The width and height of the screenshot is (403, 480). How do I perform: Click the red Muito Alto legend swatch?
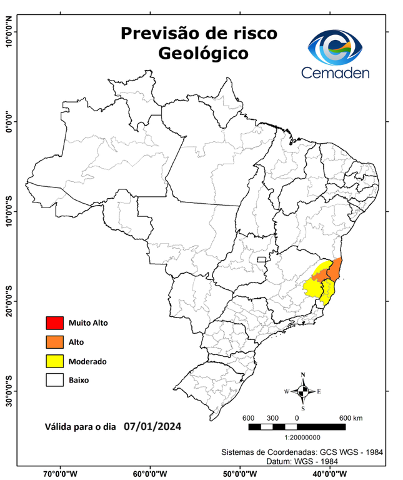(54, 323)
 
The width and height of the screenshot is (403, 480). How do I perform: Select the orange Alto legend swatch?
(54, 342)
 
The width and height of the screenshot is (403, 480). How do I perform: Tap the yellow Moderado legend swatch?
(54, 361)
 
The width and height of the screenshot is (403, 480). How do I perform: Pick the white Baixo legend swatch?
(54, 379)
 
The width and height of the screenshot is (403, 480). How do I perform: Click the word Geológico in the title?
(203, 54)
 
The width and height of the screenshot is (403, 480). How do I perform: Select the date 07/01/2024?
(152, 427)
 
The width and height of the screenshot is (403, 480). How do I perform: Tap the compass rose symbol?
(303, 391)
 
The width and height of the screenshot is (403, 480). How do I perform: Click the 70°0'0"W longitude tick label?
(61, 474)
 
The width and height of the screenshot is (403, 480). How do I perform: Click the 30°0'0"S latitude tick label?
(9, 390)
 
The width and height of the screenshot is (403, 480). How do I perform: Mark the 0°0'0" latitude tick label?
(9, 121)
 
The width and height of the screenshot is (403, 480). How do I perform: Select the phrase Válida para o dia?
(80, 428)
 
